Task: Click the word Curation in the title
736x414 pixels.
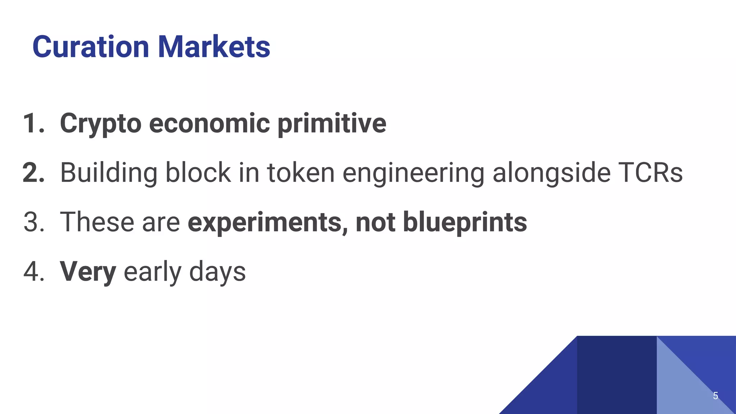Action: [91, 47]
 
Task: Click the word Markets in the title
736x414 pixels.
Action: [214, 47]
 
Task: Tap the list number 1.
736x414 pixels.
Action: [32, 124]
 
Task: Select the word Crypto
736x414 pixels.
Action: [101, 124]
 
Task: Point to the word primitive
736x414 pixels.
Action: [332, 124]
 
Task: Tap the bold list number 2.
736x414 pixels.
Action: [33, 173]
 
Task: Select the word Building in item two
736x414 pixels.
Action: [109, 173]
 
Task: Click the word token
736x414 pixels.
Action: [301, 173]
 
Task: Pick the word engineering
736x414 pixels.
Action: [413, 173]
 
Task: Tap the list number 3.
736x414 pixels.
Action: [33, 222]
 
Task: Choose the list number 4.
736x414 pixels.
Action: [33, 272]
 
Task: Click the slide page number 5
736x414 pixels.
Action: [715, 396]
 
